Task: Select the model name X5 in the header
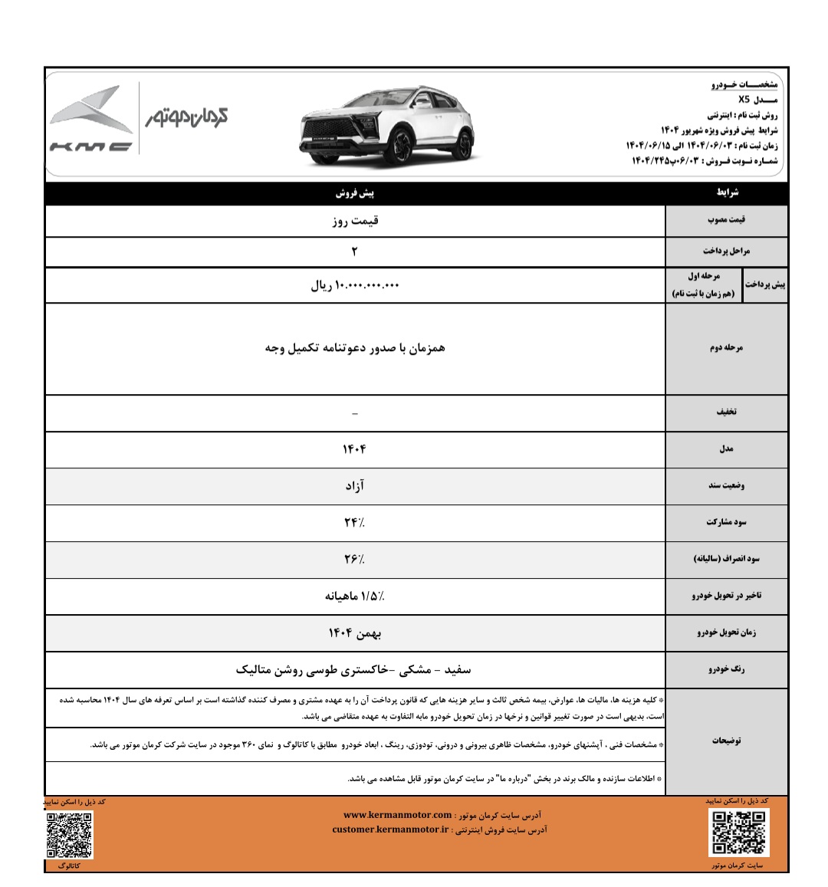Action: [x=745, y=100]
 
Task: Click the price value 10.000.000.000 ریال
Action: [x=355, y=285]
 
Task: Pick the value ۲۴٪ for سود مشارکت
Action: [x=354, y=523]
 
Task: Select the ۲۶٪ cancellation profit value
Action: [x=354, y=560]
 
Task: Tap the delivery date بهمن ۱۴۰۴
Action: [x=355, y=633]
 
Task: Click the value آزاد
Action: [x=354, y=486]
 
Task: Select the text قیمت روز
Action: [x=355, y=221]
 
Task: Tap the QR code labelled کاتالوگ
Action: [x=69, y=835]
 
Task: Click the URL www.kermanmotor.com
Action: [x=398, y=815]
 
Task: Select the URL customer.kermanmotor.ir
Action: [x=390, y=830]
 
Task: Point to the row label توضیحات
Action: [x=726, y=741]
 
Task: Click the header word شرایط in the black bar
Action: [x=726, y=193]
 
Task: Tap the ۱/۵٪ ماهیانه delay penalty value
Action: [x=355, y=596]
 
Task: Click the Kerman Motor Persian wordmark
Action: [x=187, y=117]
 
